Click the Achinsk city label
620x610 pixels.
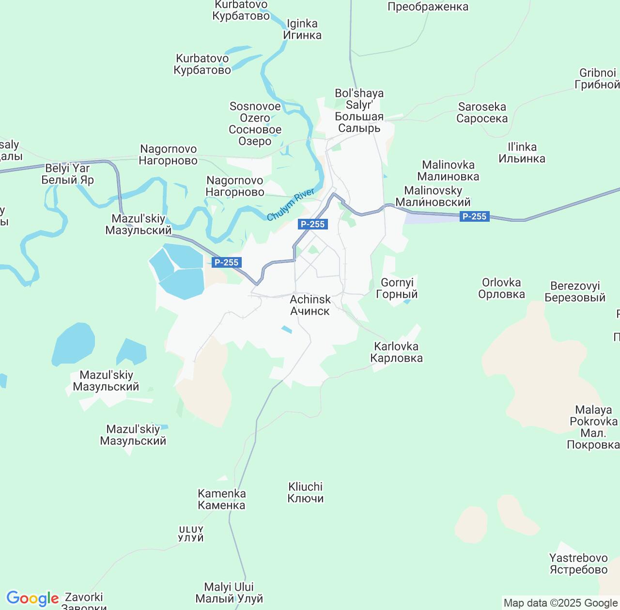[310, 305]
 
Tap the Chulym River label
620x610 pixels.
[291, 205]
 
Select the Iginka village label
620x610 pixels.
[302, 30]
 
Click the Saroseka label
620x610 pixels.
[482, 113]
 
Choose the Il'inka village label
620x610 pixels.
[522, 153]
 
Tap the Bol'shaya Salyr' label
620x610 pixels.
[359, 111]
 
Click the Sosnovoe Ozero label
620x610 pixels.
[255, 124]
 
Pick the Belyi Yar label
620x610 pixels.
[67, 174]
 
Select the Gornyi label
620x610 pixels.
[397, 289]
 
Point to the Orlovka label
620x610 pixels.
[501, 289]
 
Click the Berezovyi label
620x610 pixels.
[575, 291]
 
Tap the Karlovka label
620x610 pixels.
[396, 352]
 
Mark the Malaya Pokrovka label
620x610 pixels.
[593, 427]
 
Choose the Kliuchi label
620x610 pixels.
[305, 492]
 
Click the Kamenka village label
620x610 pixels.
[222, 500]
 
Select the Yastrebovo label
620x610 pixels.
[578, 564]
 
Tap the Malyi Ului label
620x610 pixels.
[229, 593]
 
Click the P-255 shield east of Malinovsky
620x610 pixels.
[474, 216]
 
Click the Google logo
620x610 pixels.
[32, 599]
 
